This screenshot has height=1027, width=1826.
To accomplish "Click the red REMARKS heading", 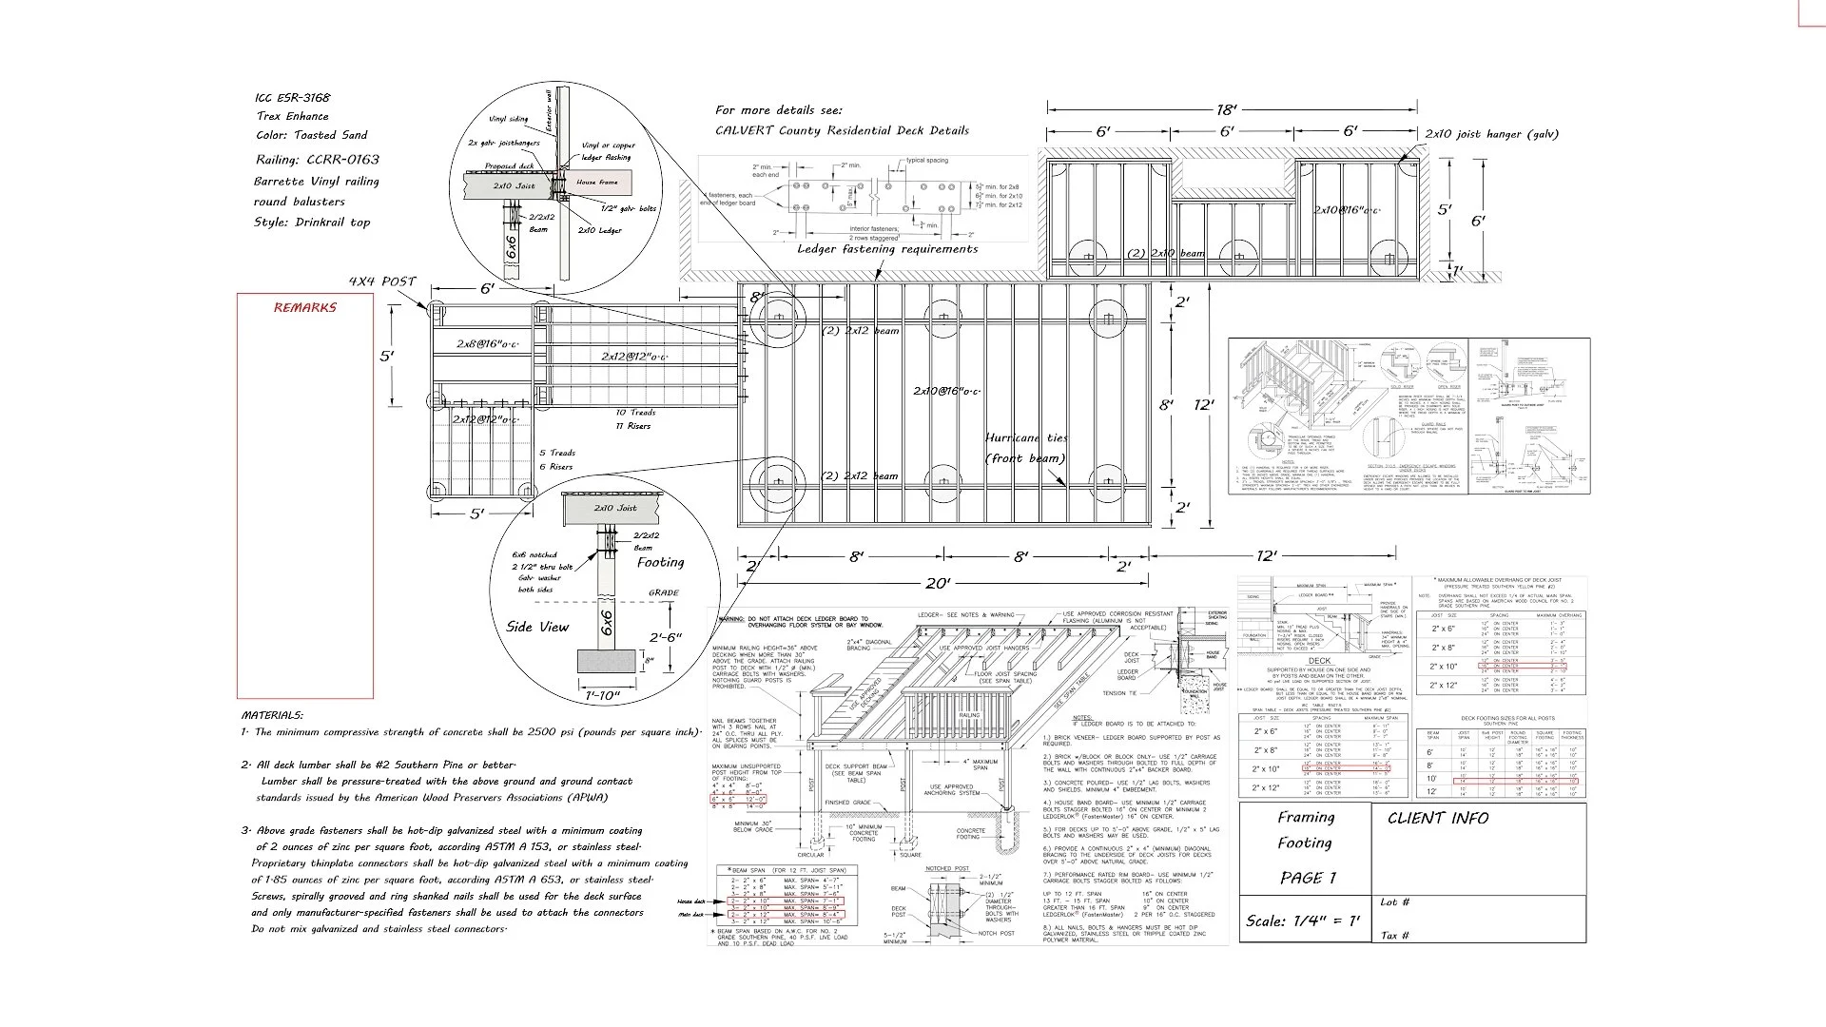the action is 304,307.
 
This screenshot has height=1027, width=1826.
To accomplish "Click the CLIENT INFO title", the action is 1437,818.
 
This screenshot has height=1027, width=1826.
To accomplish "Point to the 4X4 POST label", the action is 381,281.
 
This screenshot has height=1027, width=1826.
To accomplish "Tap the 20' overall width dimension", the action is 938,582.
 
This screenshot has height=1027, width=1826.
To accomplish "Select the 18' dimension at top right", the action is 1226,110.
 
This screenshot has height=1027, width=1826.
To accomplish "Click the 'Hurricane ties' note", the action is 1026,438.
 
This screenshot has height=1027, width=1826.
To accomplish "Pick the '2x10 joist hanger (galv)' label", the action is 1491,134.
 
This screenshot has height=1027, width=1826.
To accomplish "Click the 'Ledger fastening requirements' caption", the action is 886,249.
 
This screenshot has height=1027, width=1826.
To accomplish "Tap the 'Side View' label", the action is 537,627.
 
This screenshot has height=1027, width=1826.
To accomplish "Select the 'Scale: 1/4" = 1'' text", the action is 1303,920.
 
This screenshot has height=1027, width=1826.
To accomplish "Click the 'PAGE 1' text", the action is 1308,878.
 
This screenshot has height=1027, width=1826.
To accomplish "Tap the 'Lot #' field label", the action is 1394,902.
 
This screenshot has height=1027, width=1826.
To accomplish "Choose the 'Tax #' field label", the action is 1394,936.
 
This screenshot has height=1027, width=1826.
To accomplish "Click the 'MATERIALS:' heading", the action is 272,714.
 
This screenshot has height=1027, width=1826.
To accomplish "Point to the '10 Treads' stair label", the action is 634,413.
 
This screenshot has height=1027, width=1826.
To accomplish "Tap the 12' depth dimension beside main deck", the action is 1204,405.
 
